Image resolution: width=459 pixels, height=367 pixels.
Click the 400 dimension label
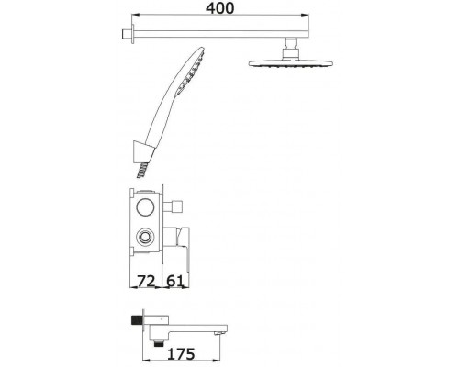[x=219, y=8]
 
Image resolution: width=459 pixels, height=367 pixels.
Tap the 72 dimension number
[x=146, y=281]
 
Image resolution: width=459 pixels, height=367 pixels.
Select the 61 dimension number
[x=174, y=281]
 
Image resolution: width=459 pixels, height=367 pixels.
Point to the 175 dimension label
[x=181, y=354]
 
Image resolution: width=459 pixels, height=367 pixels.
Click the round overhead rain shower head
[x=290, y=63]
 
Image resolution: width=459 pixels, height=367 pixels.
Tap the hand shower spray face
[x=191, y=71]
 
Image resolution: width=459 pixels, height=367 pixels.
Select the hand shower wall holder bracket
[x=142, y=151]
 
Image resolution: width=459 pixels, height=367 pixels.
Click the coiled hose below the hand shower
[x=142, y=170]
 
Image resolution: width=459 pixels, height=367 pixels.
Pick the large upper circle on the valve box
[x=146, y=207]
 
